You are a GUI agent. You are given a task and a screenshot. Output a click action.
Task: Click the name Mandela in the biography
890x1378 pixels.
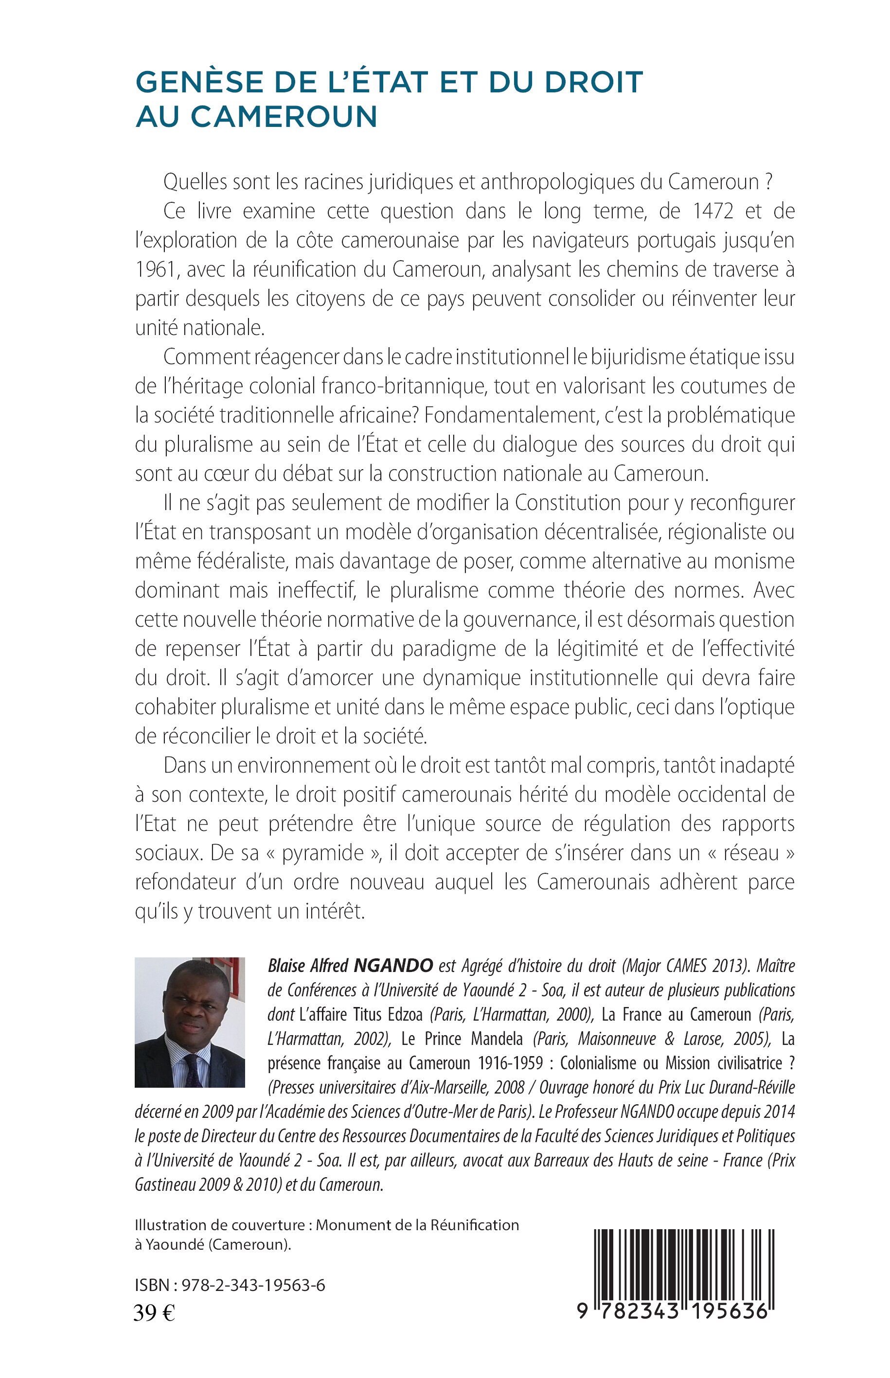[498, 1038]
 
